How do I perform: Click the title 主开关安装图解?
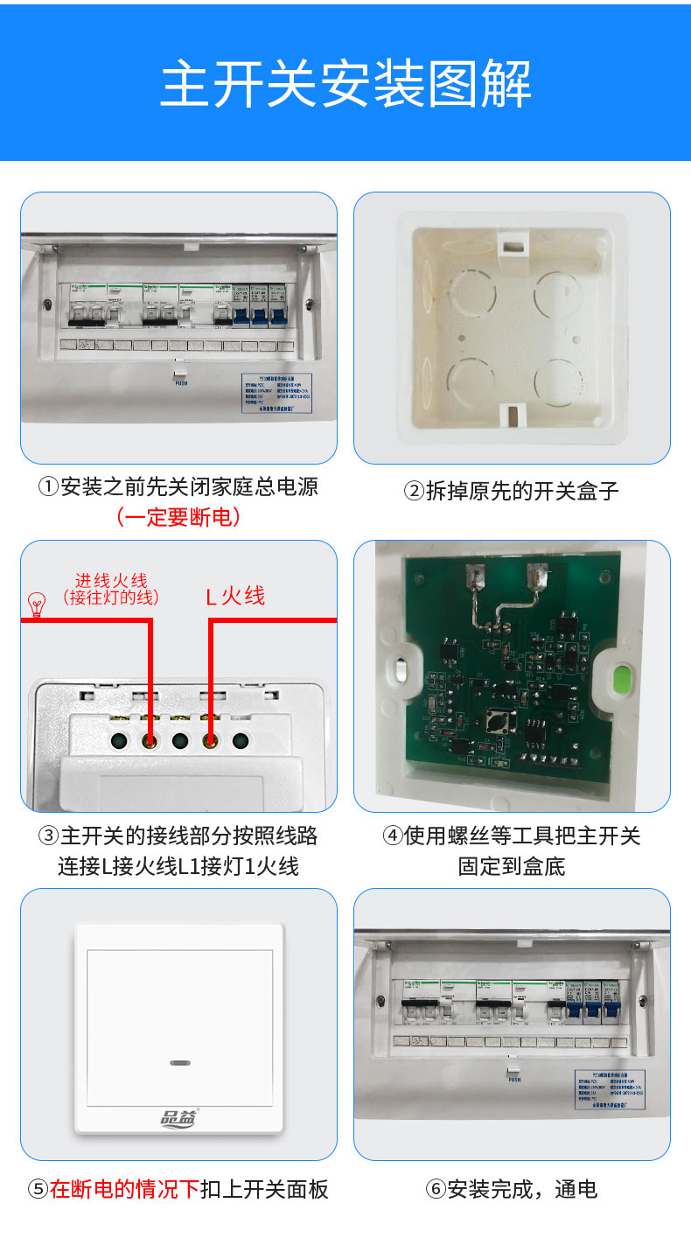[345, 85]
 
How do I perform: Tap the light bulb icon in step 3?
[37, 605]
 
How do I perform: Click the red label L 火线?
[235, 597]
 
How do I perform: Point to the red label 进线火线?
[111, 581]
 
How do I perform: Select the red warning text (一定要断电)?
[178, 517]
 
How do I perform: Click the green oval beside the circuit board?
[623, 679]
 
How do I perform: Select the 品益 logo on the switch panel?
[179, 1116]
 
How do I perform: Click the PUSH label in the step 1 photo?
[181, 383]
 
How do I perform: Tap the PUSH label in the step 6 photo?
[514, 1080]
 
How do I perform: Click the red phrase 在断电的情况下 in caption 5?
[125, 1189]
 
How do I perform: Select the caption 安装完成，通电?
[512, 1189]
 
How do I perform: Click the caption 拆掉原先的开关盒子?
[512, 491]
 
